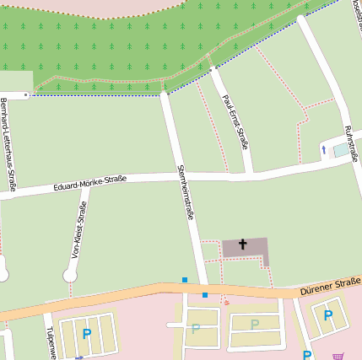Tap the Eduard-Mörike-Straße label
pos(89,182)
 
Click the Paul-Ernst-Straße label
pos(235,121)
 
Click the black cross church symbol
pos(243,245)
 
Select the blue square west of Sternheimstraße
pos(184,280)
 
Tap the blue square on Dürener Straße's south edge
pos(204,295)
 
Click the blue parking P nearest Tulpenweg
pos(86,335)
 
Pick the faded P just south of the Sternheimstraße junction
pos(197,329)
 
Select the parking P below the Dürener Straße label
pos(327,315)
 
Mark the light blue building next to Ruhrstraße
pos(341,150)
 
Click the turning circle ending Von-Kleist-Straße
pos(71,275)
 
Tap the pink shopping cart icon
pos(338,356)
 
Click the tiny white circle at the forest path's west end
pos(26,95)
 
